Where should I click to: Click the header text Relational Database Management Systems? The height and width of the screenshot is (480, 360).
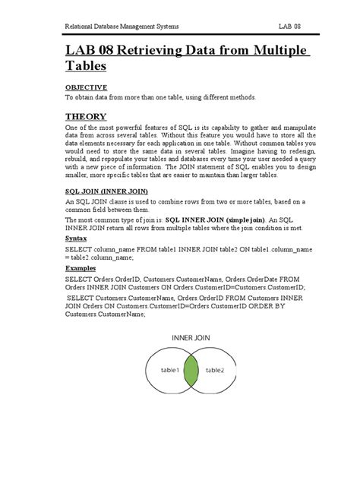tap(122, 27)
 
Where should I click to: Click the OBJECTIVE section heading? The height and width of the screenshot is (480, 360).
tap(86, 87)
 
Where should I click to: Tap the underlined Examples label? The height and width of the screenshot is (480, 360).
tap(81, 268)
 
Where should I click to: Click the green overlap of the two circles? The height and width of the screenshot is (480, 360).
tap(191, 371)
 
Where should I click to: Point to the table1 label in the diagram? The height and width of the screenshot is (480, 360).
tap(168, 371)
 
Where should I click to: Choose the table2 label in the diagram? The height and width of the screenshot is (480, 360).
tap(215, 371)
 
